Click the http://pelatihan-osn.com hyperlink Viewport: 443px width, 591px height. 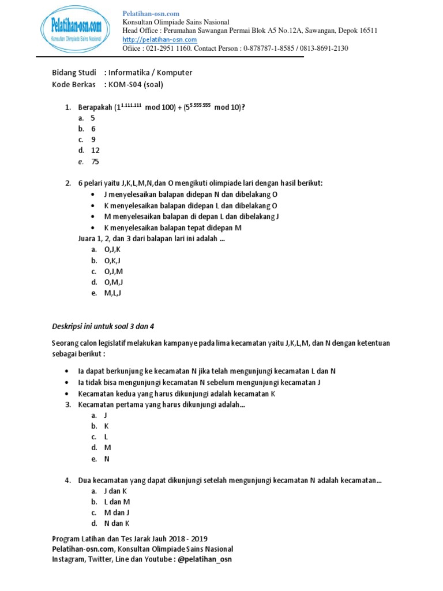[x=160, y=39]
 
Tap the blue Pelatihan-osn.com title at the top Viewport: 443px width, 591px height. [x=151, y=13]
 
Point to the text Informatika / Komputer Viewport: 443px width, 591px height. [x=151, y=73]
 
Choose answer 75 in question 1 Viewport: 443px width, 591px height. [x=95, y=162]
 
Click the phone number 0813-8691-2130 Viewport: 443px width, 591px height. [x=325, y=48]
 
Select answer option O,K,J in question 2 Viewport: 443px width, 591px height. [x=112, y=260]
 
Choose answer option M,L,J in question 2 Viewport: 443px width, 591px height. [x=112, y=293]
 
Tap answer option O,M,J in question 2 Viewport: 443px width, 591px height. [x=113, y=282]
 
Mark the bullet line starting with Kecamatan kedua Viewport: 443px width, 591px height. [x=177, y=394]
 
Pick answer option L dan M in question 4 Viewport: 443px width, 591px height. [x=117, y=502]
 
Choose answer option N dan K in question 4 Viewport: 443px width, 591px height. [x=117, y=523]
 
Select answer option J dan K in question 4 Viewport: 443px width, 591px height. [x=115, y=491]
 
